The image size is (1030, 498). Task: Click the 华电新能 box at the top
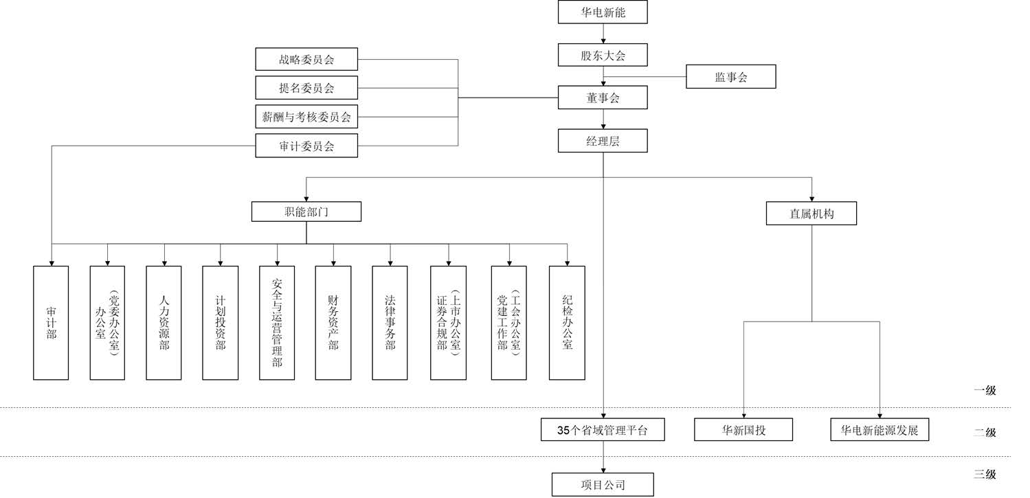click(x=603, y=12)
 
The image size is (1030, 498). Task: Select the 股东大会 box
click(x=603, y=55)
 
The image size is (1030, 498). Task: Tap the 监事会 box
click(x=730, y=77)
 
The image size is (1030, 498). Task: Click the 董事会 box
click(x=603, y=98)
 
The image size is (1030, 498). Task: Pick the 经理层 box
click(x=603, y=141)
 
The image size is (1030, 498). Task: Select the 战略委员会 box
click(x=306, y=59)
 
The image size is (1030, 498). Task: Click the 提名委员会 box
click(x=306, y=88)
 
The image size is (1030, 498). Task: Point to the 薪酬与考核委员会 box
click(x=306, y=117)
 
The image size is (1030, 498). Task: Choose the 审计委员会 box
click(x=306, y=146)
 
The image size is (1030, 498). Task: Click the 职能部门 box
click(x=306, y=212)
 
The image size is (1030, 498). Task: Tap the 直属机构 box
click(x=811, y=214)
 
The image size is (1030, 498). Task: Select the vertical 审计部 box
click(x=51, y=323)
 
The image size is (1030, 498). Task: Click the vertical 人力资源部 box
click(x=164, y=323)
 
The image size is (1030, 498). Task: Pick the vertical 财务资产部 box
click(x=333, y=323)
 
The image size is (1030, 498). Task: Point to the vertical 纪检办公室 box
click(x=567, y=323)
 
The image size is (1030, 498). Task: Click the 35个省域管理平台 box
click(x=603, y=430)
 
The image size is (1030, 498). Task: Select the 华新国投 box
click(x=743, y=430)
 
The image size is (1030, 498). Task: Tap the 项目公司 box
click(x=603, y=485)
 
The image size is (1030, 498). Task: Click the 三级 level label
click(x=984, y=474)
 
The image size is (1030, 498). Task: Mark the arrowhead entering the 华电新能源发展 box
click(x=880, y=414)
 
